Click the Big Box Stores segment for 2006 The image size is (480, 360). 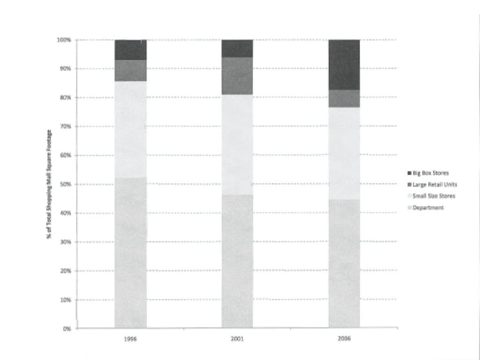(344, 65)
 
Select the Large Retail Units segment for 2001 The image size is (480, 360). (237, 76)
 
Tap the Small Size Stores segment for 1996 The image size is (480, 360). (131, 129)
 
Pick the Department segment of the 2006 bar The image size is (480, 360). (344, 263)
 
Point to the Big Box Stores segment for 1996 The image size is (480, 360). (131, 50)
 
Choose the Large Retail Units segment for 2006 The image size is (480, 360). (344, 98)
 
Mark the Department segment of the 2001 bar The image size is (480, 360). (237, 261)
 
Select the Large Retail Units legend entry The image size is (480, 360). (432, 184)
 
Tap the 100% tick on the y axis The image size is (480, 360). (64, 40)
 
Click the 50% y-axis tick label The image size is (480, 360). (65, 184)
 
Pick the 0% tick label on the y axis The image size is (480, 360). (67, 329)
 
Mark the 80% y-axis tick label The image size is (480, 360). (65, 97)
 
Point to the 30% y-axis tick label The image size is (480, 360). (65, 242)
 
